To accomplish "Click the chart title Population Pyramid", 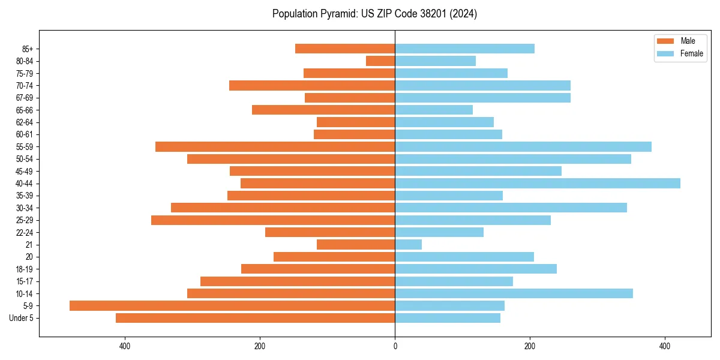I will (x=374, y=14).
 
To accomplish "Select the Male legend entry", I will (x=688, y=41).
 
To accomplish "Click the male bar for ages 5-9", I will (x=232, y=305).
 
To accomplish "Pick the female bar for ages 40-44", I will (x=538, y=183).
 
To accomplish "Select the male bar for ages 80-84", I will (x=380, y=61).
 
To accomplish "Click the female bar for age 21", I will (x=408, y=244).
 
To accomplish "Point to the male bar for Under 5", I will (x=255, y=318).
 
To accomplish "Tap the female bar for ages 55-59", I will (x=523, y=146).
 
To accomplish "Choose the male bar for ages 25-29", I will (x=273, y=220).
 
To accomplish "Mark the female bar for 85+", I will (x=464, y=49).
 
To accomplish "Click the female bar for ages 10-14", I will (x=514, y=293).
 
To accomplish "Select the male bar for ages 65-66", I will (x=323, y=110).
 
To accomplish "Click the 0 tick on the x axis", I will (x=395, y=346).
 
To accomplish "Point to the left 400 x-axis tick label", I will (x=125, y=346).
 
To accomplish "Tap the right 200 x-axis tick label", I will (x=529, y=346).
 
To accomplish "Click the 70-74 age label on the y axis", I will (x=25, y=85).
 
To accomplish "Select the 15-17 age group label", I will (x=25, y=281).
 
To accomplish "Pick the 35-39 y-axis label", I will (x=25, y=196).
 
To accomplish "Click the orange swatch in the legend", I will (x=665, y=41).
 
